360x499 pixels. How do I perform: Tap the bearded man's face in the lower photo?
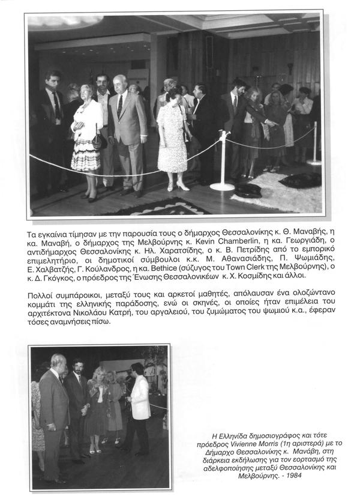77,367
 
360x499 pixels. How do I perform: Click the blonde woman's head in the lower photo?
98,374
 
